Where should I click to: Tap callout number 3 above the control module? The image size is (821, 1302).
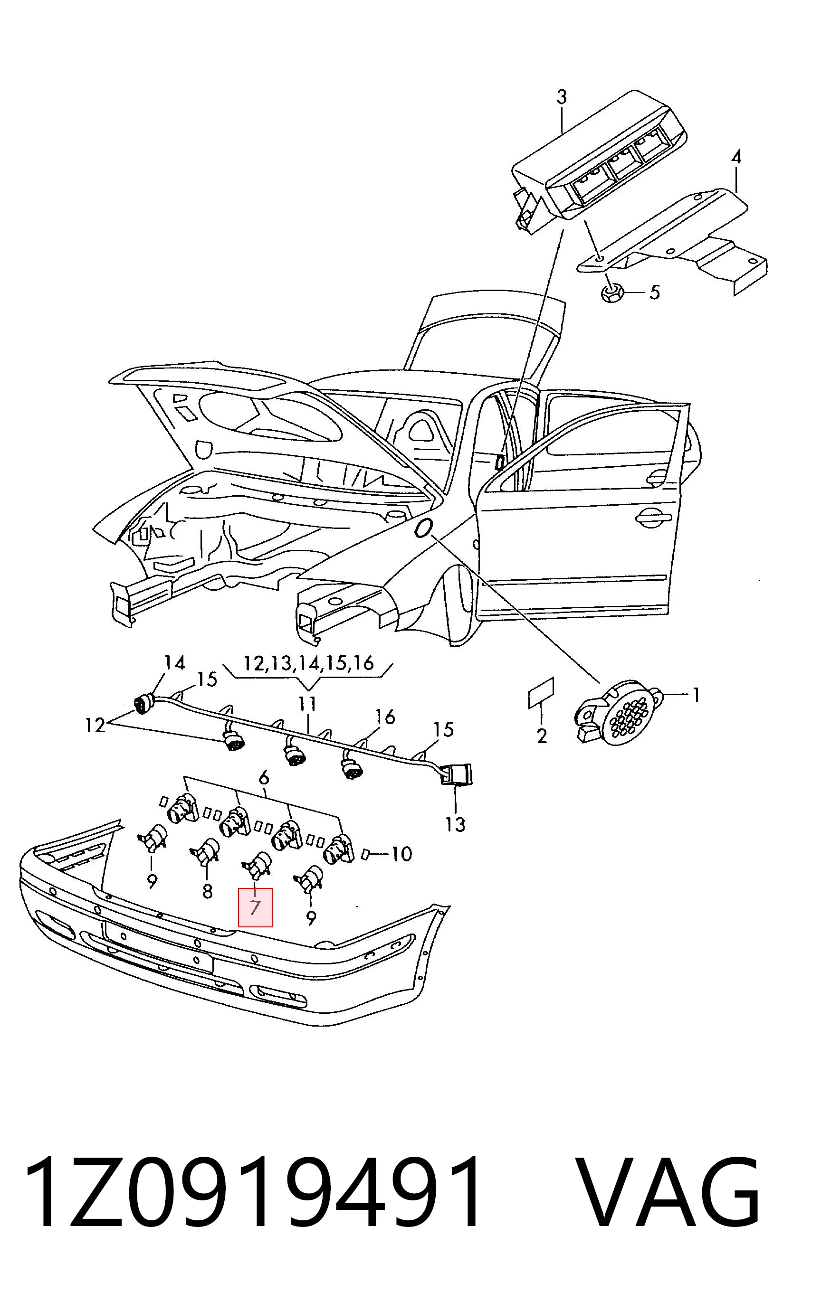click(x=562, y=97)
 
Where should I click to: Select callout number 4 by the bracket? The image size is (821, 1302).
click(x=735, y=157)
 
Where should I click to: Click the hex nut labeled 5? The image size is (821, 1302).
click(x=612, y=292)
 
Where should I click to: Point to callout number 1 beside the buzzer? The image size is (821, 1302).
click(x=696, y=695)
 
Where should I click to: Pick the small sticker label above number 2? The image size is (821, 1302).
click(x=541, y=693)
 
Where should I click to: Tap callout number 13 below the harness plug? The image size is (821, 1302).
click(x=455, y=825)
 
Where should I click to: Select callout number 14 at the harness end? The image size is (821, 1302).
click(x=175, y=663)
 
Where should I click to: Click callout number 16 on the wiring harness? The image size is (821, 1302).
click(x=384, y=717)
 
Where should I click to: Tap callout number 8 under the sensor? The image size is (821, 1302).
click(x=207, y=890)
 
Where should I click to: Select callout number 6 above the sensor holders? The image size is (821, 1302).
click(x=263, y=779)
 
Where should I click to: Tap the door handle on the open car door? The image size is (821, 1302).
click(x=653, y=519)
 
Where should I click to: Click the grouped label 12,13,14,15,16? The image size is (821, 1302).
click(x=309, y=663)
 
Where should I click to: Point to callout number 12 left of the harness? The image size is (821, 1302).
click(x=95, y=725)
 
